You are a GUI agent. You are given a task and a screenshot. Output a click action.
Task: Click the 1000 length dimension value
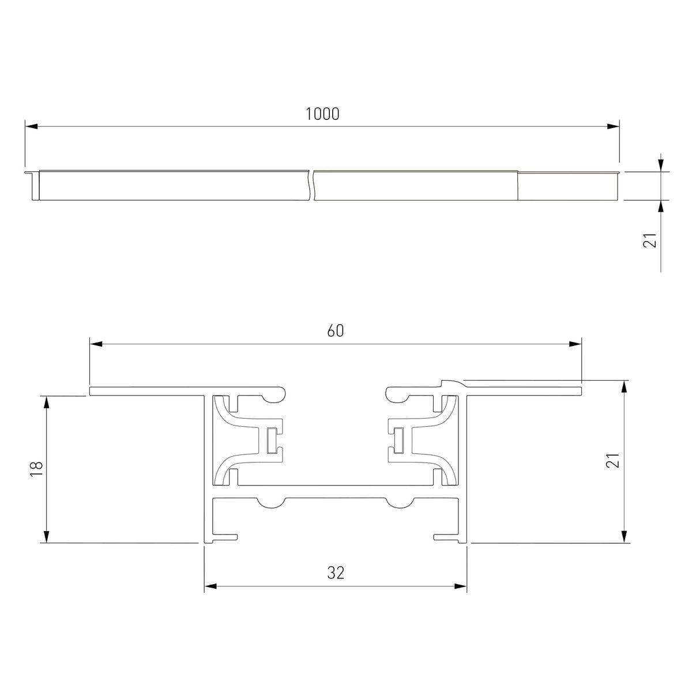322,114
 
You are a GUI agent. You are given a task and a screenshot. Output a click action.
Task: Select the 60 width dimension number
336,331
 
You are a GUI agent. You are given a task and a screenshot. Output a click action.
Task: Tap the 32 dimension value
336,573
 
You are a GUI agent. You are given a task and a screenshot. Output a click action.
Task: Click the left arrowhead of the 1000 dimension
31,126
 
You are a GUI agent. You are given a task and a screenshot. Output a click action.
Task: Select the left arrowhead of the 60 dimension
96,344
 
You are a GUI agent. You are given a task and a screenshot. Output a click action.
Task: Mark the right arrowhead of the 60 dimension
575,344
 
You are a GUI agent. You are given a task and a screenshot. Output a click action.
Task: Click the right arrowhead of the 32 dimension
460,587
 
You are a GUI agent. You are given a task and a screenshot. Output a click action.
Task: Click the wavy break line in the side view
312,186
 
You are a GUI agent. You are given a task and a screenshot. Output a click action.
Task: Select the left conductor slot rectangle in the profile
272,441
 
